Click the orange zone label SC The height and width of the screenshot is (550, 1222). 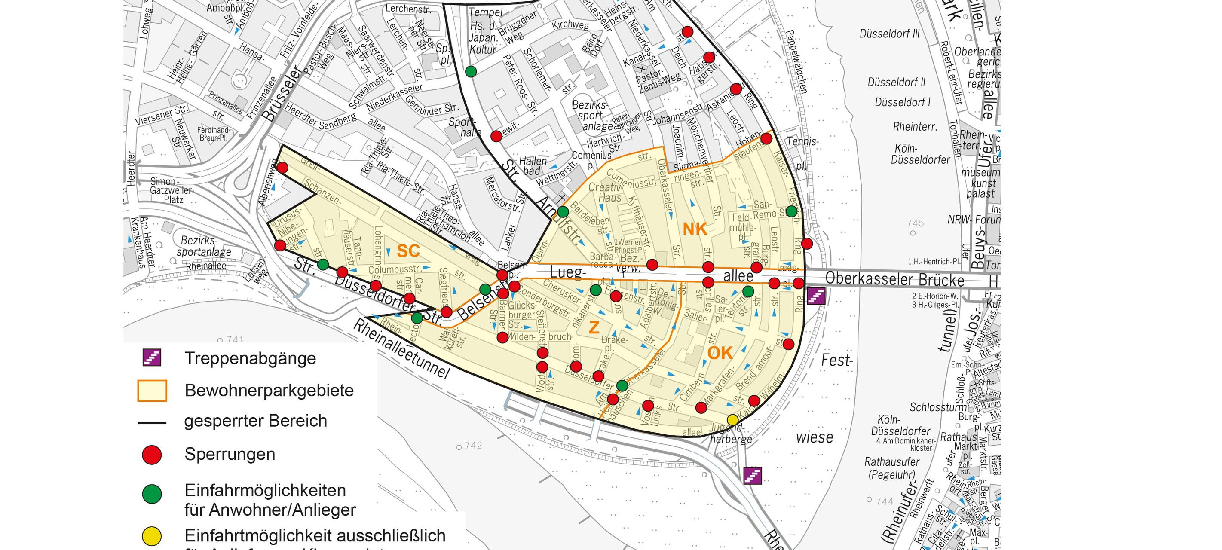[408, 251]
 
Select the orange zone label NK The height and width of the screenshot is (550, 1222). [695, 229]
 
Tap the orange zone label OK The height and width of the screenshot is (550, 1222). [720, 353]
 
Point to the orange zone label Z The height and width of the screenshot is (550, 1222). [594, 327]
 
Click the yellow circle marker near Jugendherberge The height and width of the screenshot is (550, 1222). [732, 420]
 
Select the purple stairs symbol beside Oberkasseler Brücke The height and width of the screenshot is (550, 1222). [816, 296]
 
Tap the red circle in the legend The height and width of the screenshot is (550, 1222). [152, 454]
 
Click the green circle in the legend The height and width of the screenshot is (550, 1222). [152, 494]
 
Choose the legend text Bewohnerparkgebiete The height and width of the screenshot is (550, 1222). [269, 390]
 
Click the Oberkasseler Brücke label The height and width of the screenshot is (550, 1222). [894, 279]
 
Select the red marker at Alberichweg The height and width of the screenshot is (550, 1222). [282, 168]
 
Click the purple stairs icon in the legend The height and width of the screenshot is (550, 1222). [152, 357]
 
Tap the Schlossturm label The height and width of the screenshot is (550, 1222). [937, 407]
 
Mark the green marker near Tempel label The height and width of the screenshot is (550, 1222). [471, 71]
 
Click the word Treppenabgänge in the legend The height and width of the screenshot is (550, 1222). [250, 358]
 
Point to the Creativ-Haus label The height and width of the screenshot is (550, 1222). [605, 192]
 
